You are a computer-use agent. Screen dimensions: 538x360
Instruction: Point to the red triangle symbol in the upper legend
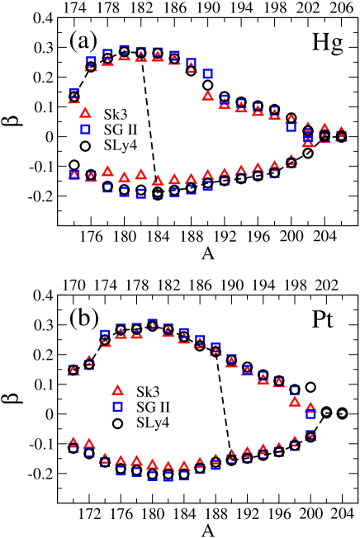84,113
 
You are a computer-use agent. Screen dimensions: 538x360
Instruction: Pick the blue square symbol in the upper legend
84,130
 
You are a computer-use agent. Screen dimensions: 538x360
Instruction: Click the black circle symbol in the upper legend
84,146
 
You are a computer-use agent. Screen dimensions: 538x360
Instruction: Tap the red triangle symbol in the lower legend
117,390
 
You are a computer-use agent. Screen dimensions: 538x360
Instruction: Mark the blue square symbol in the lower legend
117,407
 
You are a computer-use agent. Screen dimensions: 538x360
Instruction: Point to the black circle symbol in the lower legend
117,423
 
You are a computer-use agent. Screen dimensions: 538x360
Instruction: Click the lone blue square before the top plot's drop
207,73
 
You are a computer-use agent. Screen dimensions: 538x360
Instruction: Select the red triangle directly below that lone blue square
207,96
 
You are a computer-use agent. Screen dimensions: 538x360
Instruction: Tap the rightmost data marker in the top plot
341,133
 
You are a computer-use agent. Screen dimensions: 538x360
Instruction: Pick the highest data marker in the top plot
124,50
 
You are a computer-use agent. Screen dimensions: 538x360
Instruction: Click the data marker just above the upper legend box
73,94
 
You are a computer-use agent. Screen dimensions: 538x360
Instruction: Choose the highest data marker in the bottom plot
152,323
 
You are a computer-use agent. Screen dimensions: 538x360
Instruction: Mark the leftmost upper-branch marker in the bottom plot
73,370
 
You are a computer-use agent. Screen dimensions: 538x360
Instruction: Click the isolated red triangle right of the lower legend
294,401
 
